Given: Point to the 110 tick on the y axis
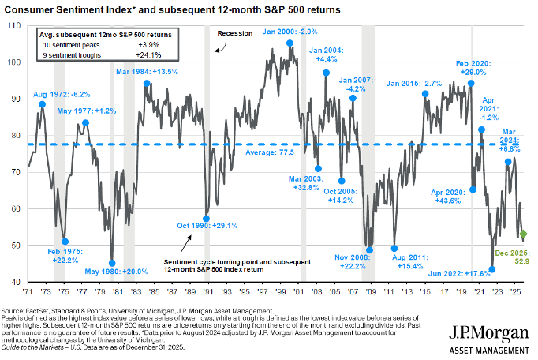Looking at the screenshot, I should pos(15,26).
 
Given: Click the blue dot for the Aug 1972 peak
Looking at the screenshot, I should pos(42,104).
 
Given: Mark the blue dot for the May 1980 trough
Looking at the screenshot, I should pos(112,263).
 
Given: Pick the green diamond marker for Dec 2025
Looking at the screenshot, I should pos(523,234).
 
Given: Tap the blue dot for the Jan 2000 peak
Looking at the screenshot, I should pos(290,43).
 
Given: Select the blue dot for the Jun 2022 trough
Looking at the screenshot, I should pos(492,269).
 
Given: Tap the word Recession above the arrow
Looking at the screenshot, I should pos(234,34).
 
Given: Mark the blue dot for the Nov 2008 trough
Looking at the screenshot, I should pos(369,250).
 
